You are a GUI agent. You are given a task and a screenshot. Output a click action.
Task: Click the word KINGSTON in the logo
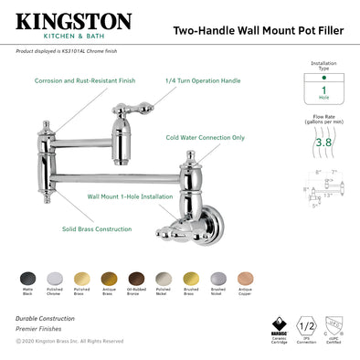pos(74,20)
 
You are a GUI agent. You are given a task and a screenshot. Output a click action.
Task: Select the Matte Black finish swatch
pos(26,277)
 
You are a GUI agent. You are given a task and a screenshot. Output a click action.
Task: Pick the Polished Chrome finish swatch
pos(54,277)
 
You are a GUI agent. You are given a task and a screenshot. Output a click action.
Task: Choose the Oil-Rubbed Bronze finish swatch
pos(136,277)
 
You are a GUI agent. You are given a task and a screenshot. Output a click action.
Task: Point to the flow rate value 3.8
pos(323,143)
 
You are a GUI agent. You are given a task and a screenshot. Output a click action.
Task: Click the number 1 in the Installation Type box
pos(323,92)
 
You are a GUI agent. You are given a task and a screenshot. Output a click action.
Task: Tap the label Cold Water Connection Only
pos(205,138)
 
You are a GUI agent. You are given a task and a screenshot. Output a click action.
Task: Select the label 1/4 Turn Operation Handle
pos(202,80)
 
